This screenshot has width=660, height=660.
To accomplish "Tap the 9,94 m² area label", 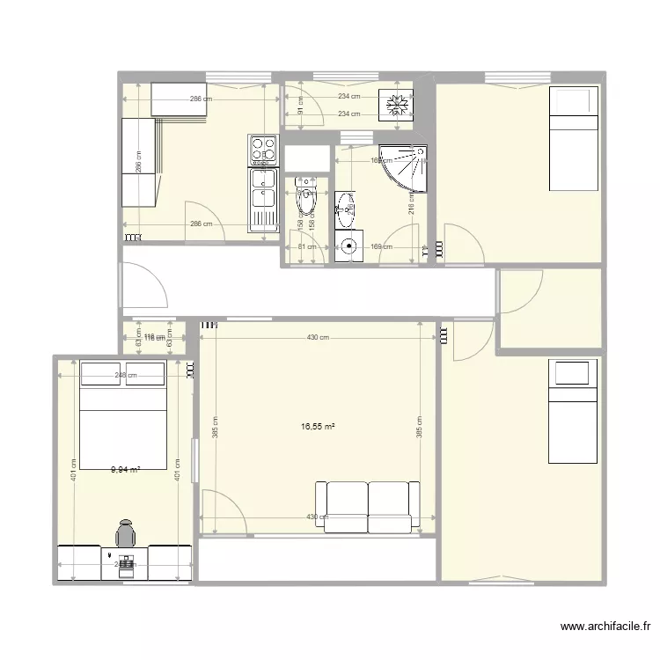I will click(x=126, y=470).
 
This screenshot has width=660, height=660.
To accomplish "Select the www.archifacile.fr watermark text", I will click(x=605, y=627).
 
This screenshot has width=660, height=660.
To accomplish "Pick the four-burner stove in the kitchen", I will click(x=263, y=150).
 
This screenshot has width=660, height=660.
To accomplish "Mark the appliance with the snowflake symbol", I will click(x=397, y=105).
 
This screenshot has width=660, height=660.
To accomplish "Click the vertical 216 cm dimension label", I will click(x=412, y=204).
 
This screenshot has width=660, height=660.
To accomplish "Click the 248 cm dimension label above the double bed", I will click(x=126, y=375).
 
